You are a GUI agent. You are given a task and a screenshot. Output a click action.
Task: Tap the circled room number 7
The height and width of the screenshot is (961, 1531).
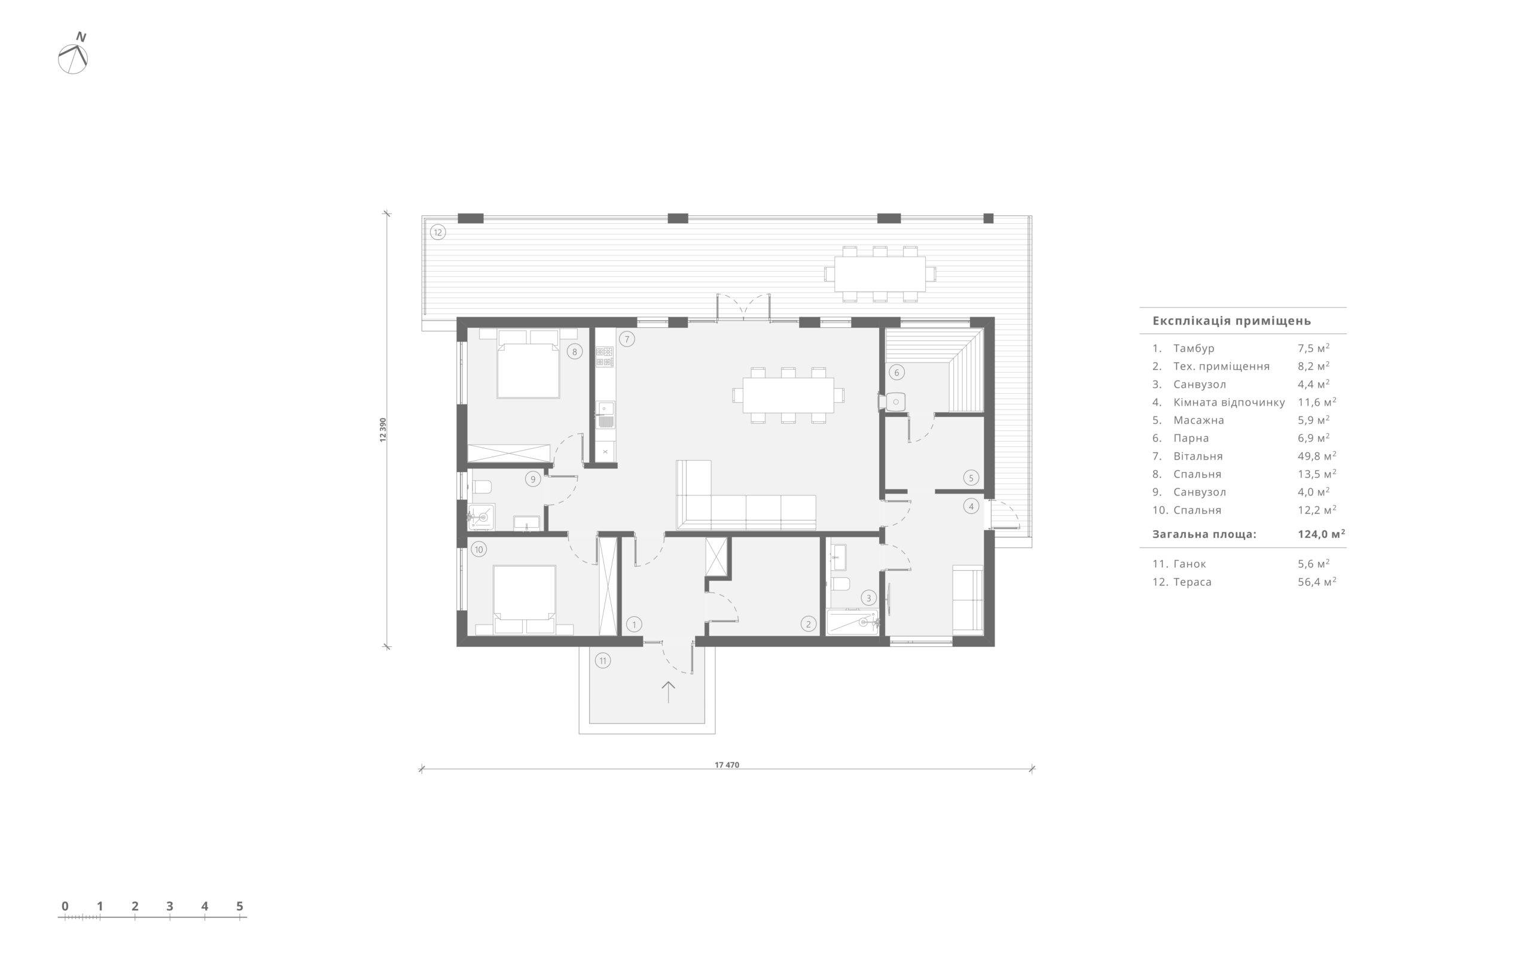(x=626, y=339)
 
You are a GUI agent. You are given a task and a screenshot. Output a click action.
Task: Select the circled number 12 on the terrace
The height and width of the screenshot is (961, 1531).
(x=438, y=232)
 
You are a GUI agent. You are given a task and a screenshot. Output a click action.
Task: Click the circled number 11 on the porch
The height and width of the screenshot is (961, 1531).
(x=602, y=661)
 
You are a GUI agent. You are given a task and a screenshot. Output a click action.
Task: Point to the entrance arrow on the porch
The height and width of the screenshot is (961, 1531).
(x=667, y=692)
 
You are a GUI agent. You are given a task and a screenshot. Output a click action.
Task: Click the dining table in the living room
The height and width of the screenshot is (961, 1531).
(x=788, y=395)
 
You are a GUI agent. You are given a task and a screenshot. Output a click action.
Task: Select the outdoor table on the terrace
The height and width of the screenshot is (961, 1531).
(x=880, y=273)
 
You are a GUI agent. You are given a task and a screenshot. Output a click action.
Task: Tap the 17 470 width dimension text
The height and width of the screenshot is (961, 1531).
(x=727, y=765)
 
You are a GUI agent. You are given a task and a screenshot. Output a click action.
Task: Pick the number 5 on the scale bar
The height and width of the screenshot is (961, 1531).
(x=239, y=907)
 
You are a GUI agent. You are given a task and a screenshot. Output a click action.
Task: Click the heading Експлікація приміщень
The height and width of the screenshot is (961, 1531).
(x=1232, y=321)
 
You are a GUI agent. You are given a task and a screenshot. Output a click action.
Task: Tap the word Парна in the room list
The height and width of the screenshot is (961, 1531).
(x=1191, y=438)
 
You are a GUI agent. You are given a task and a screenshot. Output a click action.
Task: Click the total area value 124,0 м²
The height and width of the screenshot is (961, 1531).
(x=1321, y=534)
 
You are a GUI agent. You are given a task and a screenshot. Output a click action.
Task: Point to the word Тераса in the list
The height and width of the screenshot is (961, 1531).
(x=1193, y=582)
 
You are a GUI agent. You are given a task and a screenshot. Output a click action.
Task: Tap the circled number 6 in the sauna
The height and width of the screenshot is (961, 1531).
(x=896, y=372)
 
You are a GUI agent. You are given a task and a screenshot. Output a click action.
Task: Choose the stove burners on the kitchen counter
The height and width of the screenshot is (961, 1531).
(x=604, y=357)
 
